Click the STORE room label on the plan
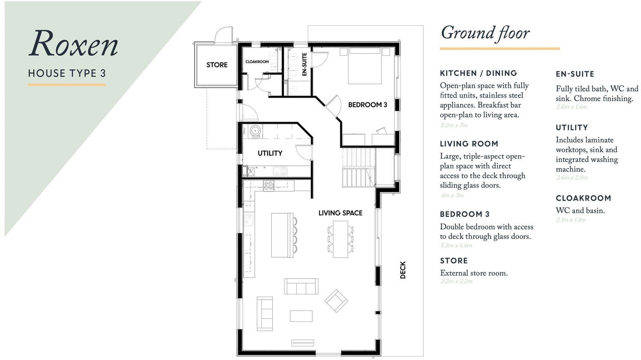pyautogui.click(x=217, y=65)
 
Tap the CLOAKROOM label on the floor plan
pyautogui.click(x=257, y=62)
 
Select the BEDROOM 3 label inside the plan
pyautogui.click(x=367, y=105)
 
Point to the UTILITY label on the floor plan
pyautogui.click(x=270, y=153)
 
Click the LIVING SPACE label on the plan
pyautogui.click(x=340, y=213)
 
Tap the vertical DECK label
pyautogui.click(x=403, y=270)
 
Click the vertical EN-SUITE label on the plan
pyautogui.click(x=305, y=64)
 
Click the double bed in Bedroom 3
pyautogui.click(x=364, y=66)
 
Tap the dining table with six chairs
pyautogui.click(x=341, y=239)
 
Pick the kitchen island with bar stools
pyautogui.click(x=282, y=235)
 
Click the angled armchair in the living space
pyautogui.click(x=336, y=300)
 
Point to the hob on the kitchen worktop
pyautogui.click(x=269, y=186)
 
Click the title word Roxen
pyautogui.click(x=74, y=44)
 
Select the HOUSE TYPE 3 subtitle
pyautogui.click(x=67, y=73)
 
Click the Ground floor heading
pyautogui.click(x=485, y=33)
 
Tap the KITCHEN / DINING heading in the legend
pyautogui.click(x=478, y=73)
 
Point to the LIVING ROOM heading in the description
pyautogui.click(x=469, y=144)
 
